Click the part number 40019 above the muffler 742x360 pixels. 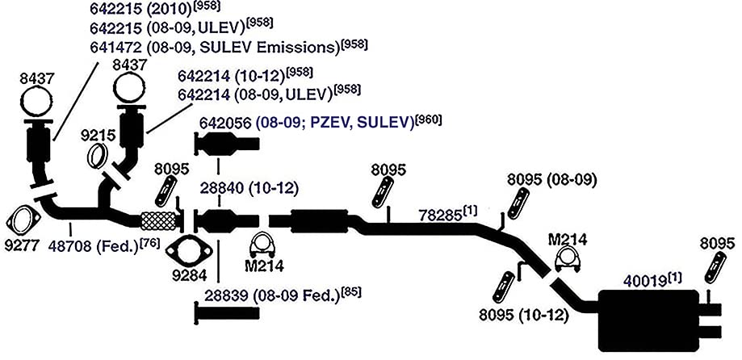(x=645, y=281)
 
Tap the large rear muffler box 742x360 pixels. (x=649, y=320)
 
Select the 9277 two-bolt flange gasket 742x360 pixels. (x=23, y=220)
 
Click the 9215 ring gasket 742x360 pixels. (x=98, y=156)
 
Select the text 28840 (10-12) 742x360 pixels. (x=249, y=189)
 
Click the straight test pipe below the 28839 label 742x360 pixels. (x=227, y=313)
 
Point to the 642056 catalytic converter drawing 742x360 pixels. (x=227, y=144)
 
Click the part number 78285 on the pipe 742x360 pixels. (x=439, y=216)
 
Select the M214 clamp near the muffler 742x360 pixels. (x=568, y=259)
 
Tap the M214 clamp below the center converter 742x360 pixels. (x=263, y=244)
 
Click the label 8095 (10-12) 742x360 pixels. (x=523, y=315)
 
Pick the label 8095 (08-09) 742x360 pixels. (x=551, y=181)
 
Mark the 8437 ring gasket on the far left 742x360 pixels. (x=36, y=103)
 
